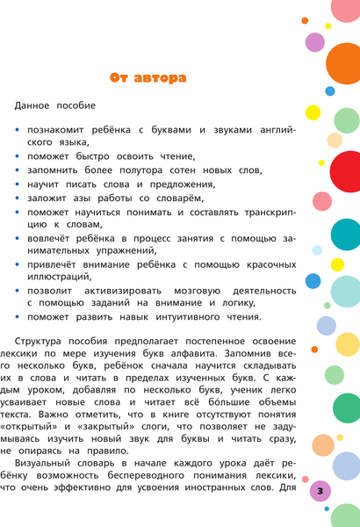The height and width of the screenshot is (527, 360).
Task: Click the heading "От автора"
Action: coord(147,78)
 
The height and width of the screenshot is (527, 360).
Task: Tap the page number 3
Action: coord(321,488)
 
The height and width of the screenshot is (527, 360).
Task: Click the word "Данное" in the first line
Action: coord(34,105)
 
